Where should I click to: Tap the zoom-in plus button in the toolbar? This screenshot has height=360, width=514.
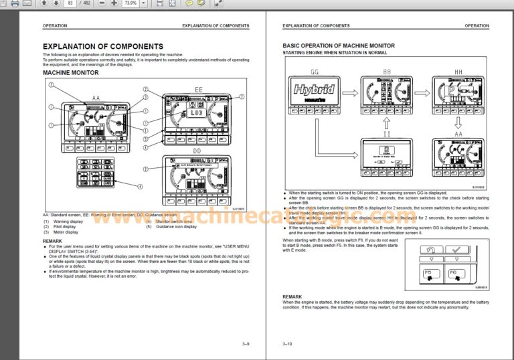click(114, 3)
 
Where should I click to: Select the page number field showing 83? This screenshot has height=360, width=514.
click(71, 3)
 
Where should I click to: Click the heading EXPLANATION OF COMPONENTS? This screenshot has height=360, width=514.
click(102, 46)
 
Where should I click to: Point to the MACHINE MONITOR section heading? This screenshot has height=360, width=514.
click(70, 72)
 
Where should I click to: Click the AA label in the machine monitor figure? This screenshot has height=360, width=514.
click(96, 98)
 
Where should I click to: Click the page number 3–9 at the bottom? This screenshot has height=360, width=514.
click(246, 344)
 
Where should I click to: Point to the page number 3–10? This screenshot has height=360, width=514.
click(288, 344)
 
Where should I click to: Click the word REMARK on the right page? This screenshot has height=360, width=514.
click(292, 296)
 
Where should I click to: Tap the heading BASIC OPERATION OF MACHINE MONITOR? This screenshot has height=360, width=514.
click(339, 46)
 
